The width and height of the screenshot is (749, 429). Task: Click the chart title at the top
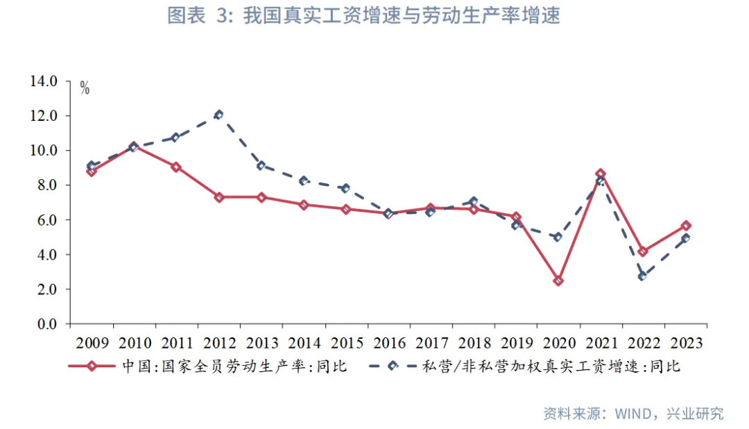[x=363, y=16]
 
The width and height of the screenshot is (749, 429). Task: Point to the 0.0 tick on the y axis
[x=46, y=324]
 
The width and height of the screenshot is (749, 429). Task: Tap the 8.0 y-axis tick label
[x=46, y=185]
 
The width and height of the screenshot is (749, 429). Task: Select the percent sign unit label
[x=85, y=88]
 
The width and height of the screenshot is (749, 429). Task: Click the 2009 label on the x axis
[x=92, y=344]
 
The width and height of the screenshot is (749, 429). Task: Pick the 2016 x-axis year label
[x=388, y=344]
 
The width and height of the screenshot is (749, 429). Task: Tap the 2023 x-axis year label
[x=685, y=344]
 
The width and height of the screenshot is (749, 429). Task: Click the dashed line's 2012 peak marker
[x=218, y=115]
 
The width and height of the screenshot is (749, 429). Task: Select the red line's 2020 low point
[x=558, y=281]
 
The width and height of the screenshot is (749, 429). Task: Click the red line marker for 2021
[x=601, y=174]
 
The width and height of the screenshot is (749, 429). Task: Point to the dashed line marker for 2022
[x=643, y=276]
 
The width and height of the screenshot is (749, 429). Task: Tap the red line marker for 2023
[x=685, y=226]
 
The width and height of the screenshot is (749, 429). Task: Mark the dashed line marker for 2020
[x=558, y=237]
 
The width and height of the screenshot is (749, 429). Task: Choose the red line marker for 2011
[x=176, y=167]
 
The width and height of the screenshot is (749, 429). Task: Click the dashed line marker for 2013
[x=261, y=166]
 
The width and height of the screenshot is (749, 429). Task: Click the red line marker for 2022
[x=643, y=251]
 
